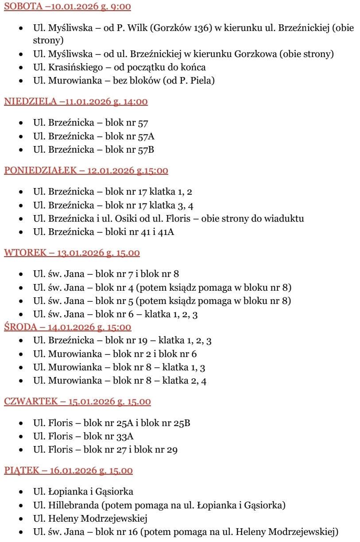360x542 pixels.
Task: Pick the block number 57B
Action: tap(146, 150)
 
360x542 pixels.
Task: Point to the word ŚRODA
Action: tap(19, 327)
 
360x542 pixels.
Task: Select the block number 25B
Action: tap(182, 423)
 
